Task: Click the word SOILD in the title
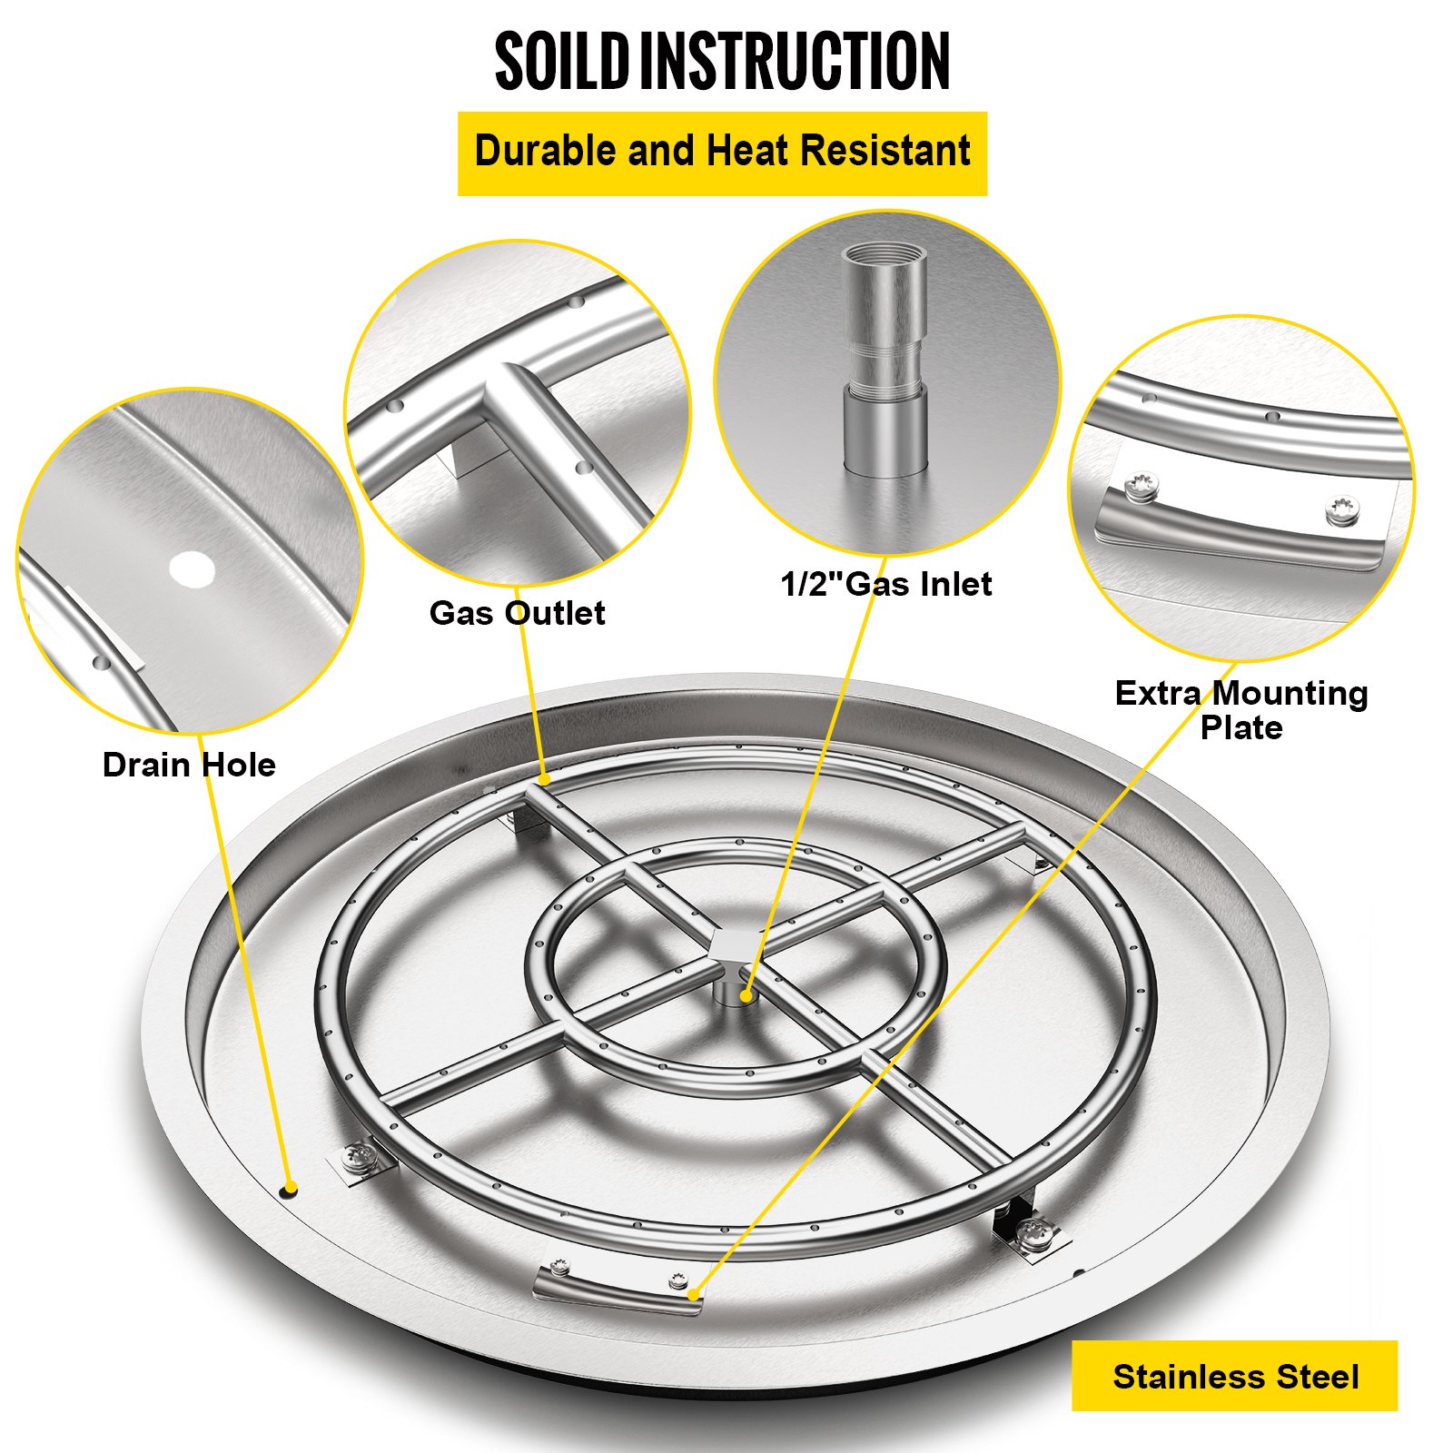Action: (561, 62)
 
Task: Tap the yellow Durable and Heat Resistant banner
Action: (722, 153)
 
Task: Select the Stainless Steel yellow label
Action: (1234, 1376)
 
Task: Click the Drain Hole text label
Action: (189, 765)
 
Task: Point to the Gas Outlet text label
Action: (517, 613)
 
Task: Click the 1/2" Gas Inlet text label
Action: (885, 584)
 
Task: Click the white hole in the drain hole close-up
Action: (193, 570)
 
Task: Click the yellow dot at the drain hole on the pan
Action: (291, 1189)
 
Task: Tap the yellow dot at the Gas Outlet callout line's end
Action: (543, 779)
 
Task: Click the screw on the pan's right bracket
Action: (1033, 1232)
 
